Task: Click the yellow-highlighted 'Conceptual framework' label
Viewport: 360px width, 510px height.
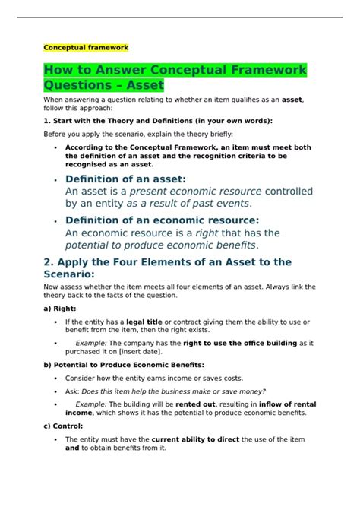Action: click(x=85, y=47)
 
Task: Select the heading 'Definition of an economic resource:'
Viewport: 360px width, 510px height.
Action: click(x=162, y=220)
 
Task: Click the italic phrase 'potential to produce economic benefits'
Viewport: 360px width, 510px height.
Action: click(x=160, y=245)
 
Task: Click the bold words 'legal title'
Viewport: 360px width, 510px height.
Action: click(x=147, y=323)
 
